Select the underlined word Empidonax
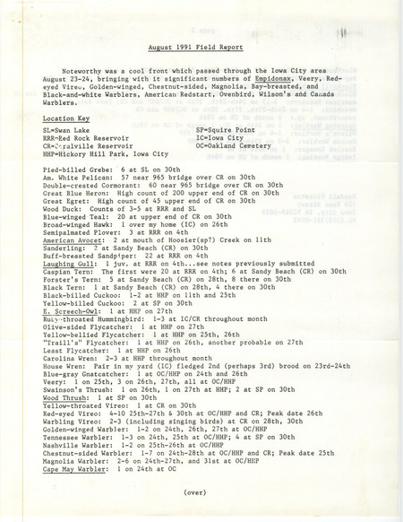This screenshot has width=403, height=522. point(262,82)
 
